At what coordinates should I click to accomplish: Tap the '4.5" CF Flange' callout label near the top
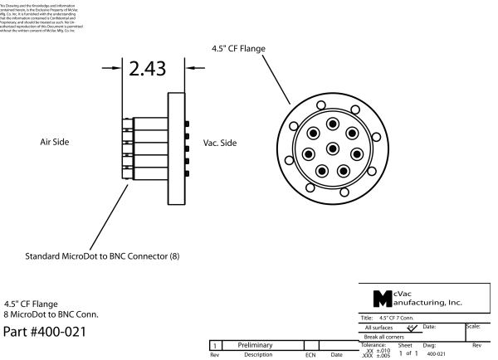pyautogui.click(x=235, y=47)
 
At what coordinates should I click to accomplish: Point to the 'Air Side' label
pyautogui.click(x=59, y=142)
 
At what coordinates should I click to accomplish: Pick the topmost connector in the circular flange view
pyautogui.click(x=333, y=124)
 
